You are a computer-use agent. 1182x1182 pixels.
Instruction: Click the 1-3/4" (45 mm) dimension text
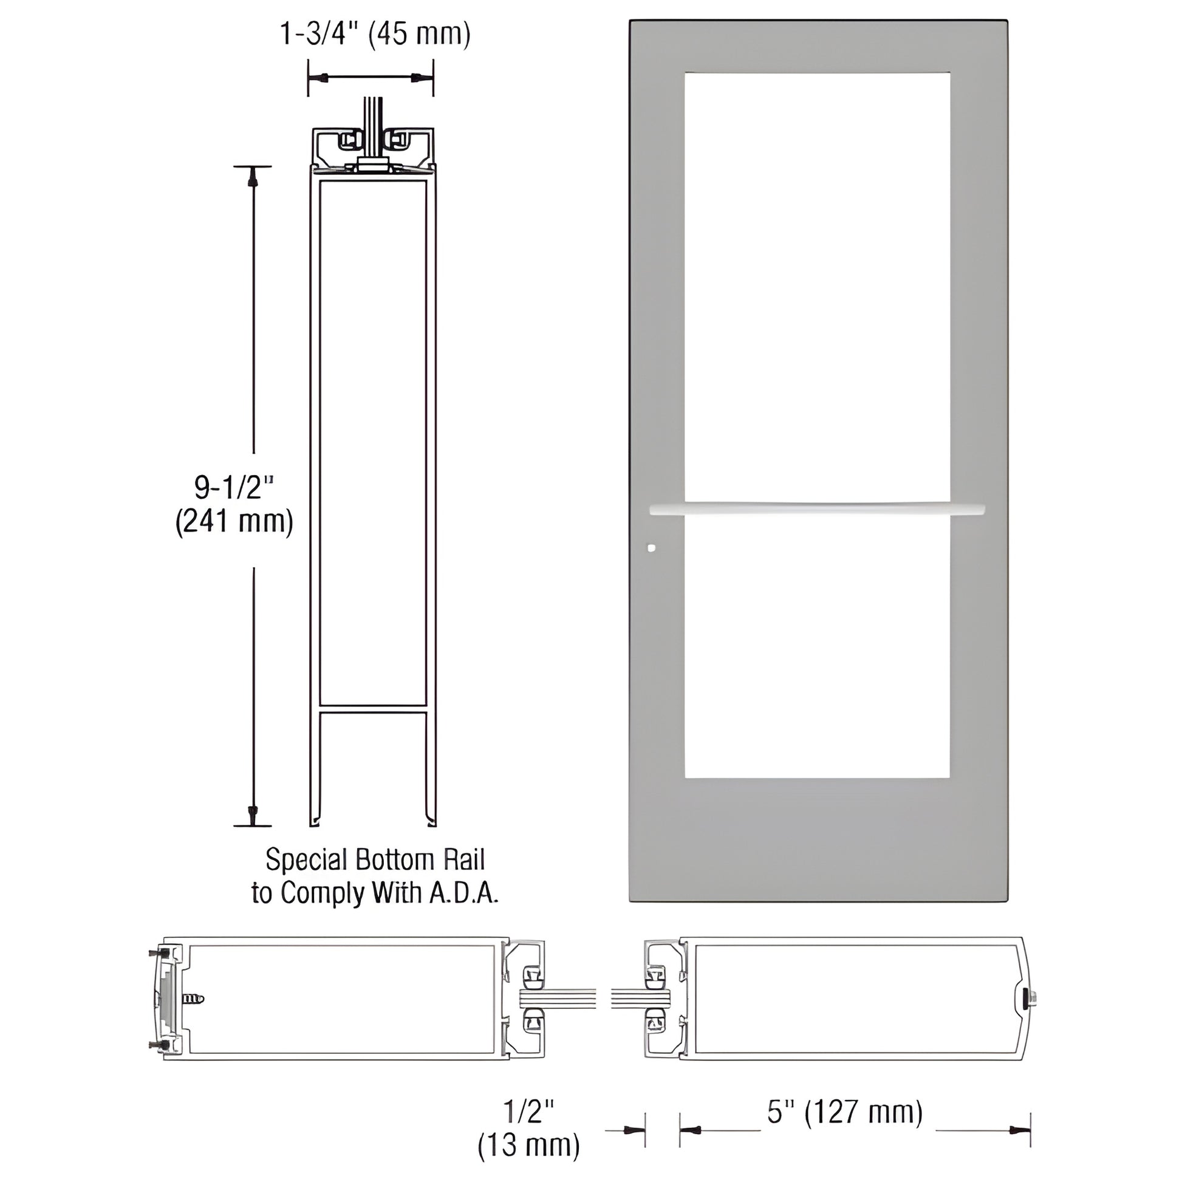click(x=374, y=33)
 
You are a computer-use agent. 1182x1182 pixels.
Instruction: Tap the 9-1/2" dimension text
click(x=234, y=488)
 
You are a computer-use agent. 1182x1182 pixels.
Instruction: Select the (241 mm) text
click(x=234, y=522)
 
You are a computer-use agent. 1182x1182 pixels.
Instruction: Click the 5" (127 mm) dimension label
click(x=845, y=1111)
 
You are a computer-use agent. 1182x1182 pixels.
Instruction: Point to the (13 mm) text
click(x=528, y=1145)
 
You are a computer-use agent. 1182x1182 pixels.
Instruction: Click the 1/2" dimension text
click(x=528, y=1111)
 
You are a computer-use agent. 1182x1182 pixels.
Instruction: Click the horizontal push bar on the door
click(x=817, y=508)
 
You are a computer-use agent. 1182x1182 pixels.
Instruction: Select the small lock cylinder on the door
click(x=651, y=547)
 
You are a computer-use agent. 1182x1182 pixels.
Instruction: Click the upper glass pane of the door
click(x=817, y=287)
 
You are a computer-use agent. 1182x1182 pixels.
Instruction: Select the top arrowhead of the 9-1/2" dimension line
click(x=252, y=178)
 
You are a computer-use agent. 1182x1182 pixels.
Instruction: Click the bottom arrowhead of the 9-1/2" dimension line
click(x=252, y=815)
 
